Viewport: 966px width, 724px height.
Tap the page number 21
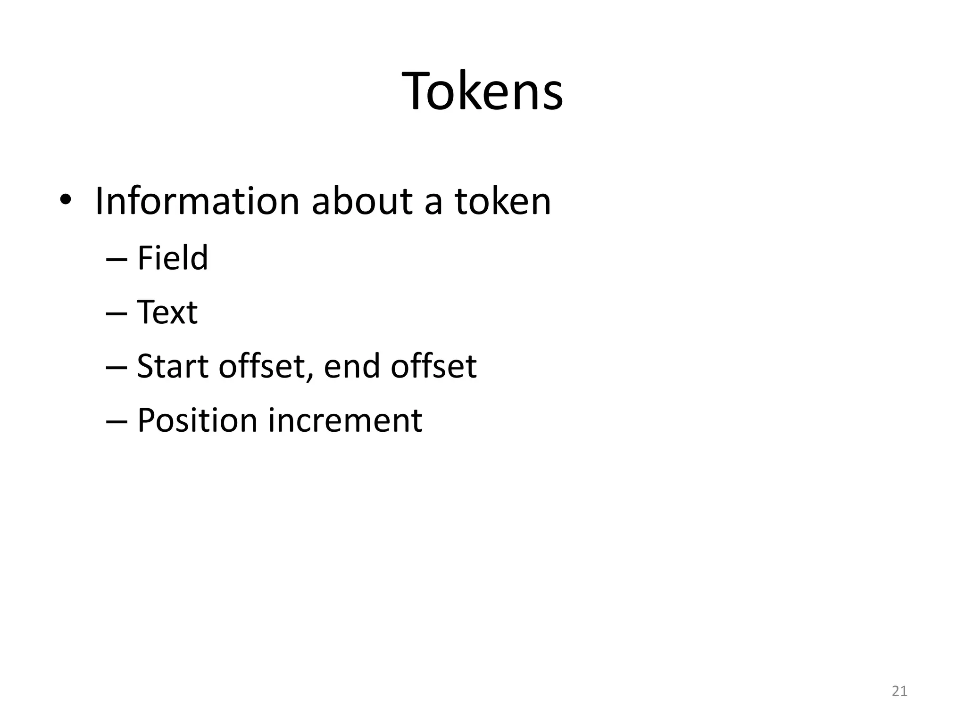(899, 691)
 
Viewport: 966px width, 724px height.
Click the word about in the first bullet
(362, 202)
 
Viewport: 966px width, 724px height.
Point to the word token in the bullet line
(503, 202)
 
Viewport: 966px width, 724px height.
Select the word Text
(167, 313)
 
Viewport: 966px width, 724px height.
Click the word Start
(172, 366)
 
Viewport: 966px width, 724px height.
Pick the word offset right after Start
(264, 366)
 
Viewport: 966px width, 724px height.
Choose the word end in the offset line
(352, 366)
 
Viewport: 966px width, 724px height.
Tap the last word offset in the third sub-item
(433, 366)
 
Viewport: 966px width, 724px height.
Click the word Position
(197, 420)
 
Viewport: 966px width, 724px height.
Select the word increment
(345, 420)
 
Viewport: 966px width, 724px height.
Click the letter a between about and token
(433, 204)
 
